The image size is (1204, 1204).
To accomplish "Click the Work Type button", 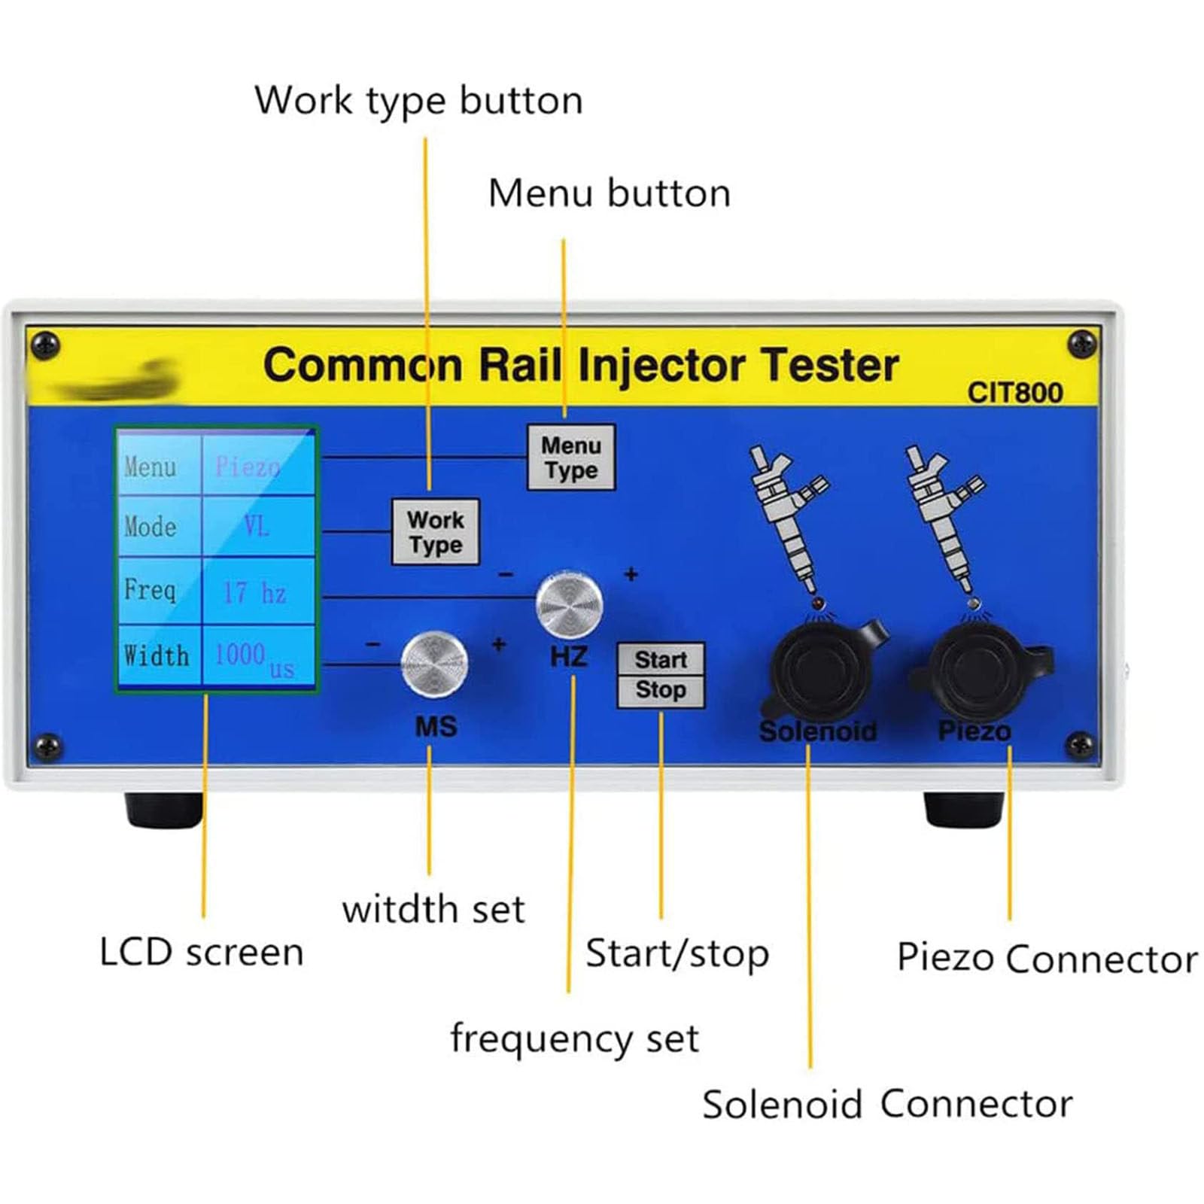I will [x=435, y=531].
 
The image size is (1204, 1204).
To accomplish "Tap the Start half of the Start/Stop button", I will [x=661, y=660].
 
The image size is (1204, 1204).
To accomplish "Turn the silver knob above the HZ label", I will [x=569, y=604].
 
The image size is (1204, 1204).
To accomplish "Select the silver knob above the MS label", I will [x=434, y=663].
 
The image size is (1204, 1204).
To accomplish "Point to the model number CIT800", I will [x=1014, y=393].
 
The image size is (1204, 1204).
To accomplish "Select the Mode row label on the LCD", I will [x=151, y=527].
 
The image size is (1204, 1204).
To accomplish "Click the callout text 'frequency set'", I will [x=574, y=1038].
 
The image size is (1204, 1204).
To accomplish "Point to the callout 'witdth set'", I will [x=433, y=908].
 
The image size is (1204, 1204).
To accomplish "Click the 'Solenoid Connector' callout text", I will [x=886, y=1105].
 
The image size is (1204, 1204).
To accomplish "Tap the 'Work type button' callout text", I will [x=418, y=101].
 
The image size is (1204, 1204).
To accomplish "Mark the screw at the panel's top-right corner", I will [x=1081, y=344].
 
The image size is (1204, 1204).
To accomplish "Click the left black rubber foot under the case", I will [x=163, y=810].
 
